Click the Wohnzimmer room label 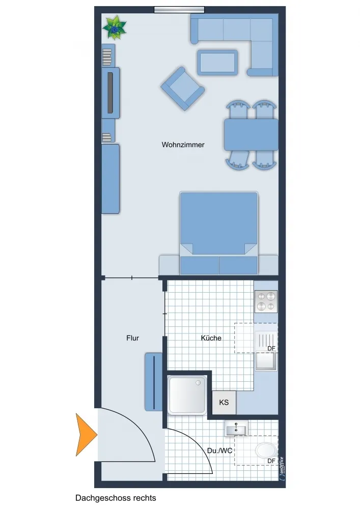183,145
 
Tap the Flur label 132,338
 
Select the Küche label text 211,338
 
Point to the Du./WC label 220,450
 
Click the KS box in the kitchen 224,403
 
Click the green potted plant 114,28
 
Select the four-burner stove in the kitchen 266,301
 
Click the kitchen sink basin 266,361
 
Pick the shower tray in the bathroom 187,395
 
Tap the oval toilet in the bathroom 266,451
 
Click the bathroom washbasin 236,429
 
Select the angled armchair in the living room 183,88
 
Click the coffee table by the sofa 217,62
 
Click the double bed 219,233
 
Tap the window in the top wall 179,10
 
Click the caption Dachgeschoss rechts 116,498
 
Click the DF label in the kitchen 271,348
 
